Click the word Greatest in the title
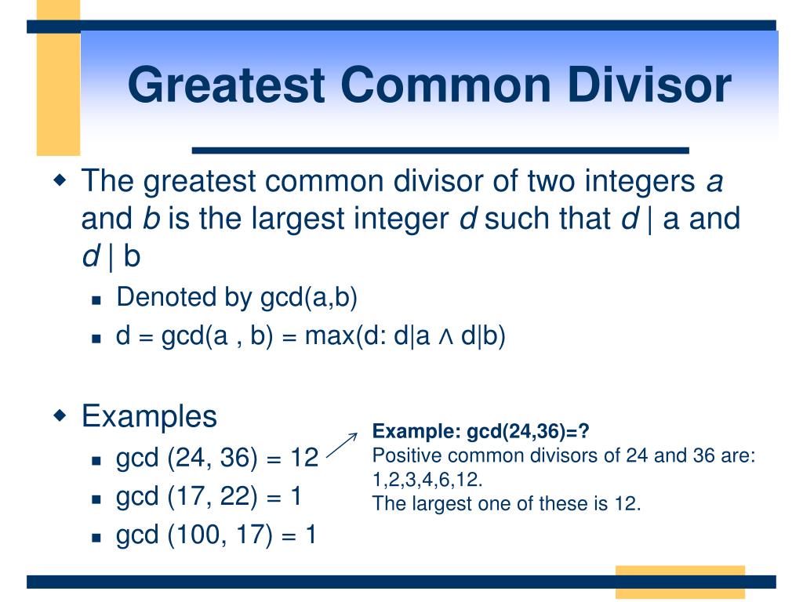pos(227,85)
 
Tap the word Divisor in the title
pos(649,85)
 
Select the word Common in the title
pos(446,85)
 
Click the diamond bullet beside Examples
pos(60,414)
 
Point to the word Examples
pos(149,415)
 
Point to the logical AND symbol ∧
pos(445,337)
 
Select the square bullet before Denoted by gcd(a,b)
pos(96,300)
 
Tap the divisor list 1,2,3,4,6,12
pos(427,480)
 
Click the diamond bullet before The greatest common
pos(60,180)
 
